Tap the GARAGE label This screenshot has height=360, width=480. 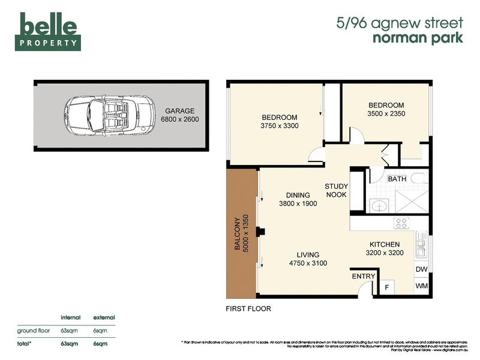tap(179, 111)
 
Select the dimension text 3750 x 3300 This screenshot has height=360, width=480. tap(280, 126)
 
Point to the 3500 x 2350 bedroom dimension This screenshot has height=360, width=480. tap(386, 114)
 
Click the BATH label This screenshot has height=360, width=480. tap(397, 179)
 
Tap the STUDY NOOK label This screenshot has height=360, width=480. tap(337, 190)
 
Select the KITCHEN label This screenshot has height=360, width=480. tap(385, 244)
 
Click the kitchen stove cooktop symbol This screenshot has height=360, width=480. tap(401, 224)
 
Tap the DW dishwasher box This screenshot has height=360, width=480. tap(422, 269)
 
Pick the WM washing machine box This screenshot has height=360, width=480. tap(422, 287)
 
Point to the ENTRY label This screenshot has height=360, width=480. tap(364, 276)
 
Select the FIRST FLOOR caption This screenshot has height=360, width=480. tap(248, 309)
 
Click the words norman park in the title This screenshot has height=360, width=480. tap(419, 39)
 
